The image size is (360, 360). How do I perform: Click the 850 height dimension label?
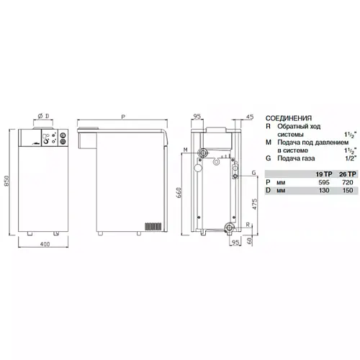(x=6, y=181)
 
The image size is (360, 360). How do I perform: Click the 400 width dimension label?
(x=45, y=244)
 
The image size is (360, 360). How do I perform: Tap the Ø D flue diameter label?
(x=43, y=116)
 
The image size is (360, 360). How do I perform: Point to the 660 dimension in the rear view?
(x=179, y=192)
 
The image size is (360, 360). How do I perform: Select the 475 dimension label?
(x=255, y=204)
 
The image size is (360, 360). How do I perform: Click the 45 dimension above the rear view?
(x=250, y=117)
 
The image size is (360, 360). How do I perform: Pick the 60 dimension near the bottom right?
(x=249, y=240)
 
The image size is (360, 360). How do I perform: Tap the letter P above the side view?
(x=123, y=117)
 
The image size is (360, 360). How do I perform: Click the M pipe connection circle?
(x=204, y=153)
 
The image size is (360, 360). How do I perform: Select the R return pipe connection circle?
(x=229, y=227)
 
